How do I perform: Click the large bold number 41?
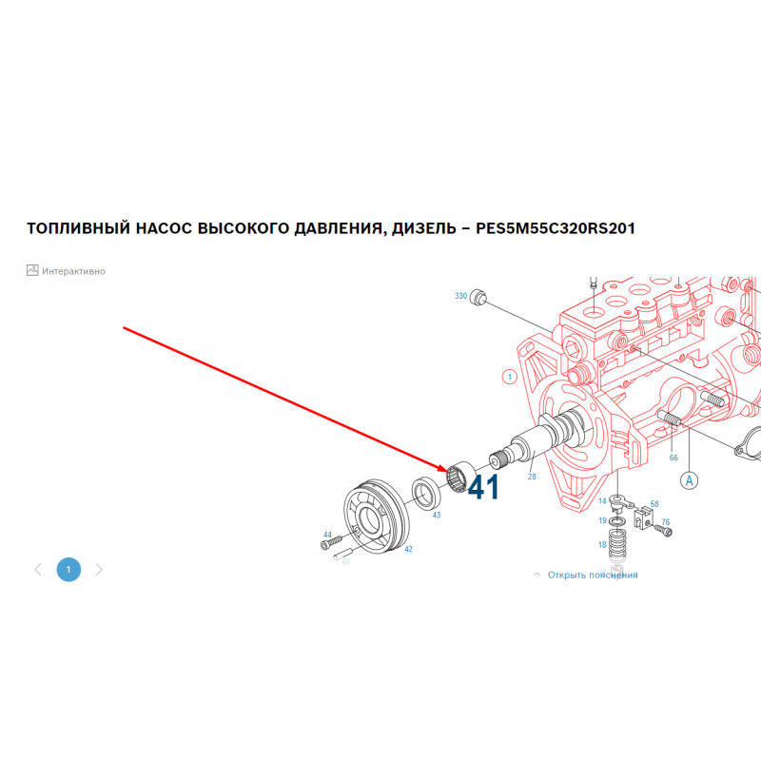pos(483,487)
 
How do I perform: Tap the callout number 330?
pos(460,296)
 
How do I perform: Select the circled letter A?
pos(689,480)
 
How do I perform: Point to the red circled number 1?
pos(509,377)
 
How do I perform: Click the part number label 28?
pos(532,477)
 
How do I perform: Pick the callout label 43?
pos(437,515)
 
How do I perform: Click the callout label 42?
pos(408,549)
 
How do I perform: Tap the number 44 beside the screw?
pos(327,535)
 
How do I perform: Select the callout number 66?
pos(673,458)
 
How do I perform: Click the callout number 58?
pos(654,504)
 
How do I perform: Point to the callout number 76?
pos(665,522)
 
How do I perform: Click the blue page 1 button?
pos(68,569)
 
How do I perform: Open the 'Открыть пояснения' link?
pos(592,576)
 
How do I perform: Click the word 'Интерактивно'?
pos(73,271)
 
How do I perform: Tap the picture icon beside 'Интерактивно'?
pos(32,270)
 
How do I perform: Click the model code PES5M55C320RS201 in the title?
pos(556,228)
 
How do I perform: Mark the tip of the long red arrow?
pos(448,471)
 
